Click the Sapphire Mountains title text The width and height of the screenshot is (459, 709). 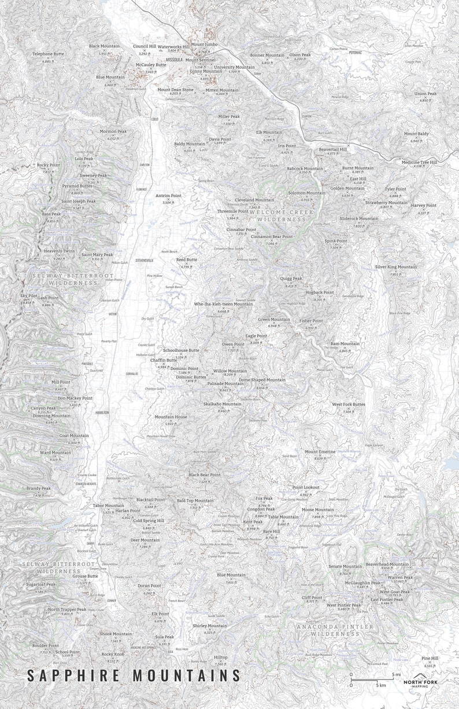[x=134, y=675]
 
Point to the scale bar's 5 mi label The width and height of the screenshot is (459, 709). [x=397, y=674]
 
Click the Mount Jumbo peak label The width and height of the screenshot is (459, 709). [x=205, y=44]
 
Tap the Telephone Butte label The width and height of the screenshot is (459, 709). [x=48, y=54]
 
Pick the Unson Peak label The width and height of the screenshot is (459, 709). [x=425, y=94]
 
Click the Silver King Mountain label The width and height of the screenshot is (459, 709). [x=395, y=267]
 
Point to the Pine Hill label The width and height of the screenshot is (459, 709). [x=430, y=658]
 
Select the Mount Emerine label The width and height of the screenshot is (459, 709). [x=320, y=451]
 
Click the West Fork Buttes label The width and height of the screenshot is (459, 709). [x=348, y=404]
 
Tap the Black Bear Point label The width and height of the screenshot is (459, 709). [x=204, y=474]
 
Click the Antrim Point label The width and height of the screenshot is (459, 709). [x=168, y=196]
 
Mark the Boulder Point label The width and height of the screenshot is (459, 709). [x=45, y=645]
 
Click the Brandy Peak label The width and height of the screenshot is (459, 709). [x=38, y=488]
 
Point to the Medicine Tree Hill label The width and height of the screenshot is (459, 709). [x=419, y=162]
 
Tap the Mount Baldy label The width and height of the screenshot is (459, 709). [x=416, y=134]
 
